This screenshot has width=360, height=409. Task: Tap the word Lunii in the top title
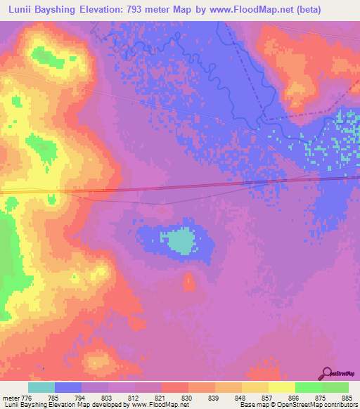(19, 9)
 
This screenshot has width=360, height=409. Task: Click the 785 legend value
(55, 397)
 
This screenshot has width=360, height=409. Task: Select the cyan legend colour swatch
(41, 387)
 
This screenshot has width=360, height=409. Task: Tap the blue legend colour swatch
(68, 387)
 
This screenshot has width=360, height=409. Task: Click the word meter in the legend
(9, 397)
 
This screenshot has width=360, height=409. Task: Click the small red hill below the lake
(188, 283)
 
